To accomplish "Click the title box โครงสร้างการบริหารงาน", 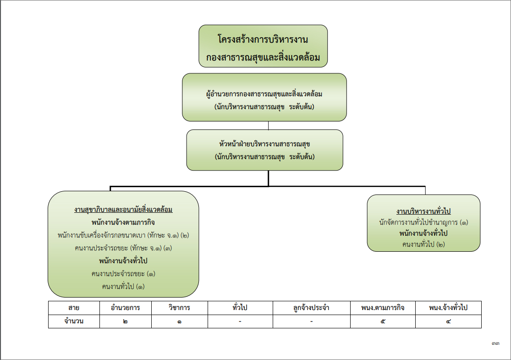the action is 263,46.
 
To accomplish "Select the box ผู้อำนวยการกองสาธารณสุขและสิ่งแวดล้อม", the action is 264,97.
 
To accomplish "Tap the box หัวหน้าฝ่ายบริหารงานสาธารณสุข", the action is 264,150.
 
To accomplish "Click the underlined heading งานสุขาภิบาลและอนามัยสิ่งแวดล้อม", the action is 123,210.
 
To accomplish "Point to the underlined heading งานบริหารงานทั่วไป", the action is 423,211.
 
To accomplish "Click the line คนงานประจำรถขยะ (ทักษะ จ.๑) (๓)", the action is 123,248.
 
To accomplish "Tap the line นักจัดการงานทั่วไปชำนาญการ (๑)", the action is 423,222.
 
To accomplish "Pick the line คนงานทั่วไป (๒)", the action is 423,244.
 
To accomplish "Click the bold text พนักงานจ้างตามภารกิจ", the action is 123,222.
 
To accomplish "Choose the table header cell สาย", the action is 74,308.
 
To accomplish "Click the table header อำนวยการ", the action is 126,308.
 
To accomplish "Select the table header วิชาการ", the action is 180,308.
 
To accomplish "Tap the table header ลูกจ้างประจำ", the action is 312,308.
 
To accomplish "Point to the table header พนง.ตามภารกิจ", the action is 383,308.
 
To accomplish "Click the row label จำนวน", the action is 74,321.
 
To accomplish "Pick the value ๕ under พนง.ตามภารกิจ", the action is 383,321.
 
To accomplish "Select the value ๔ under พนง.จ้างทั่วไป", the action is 448,321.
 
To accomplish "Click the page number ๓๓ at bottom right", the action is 495,343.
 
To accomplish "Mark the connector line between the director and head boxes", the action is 269,126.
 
